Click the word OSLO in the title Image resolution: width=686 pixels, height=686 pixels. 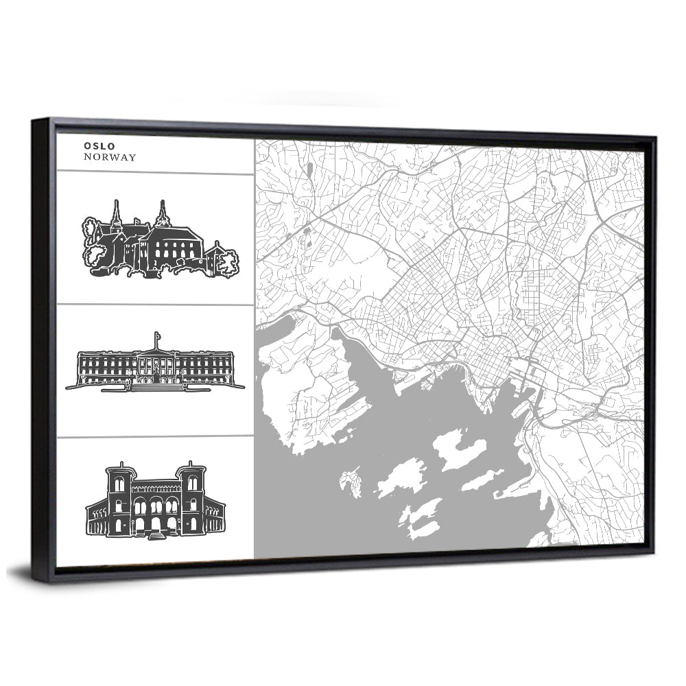(99, 145)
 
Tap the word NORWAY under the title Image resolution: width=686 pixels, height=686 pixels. (110, 157)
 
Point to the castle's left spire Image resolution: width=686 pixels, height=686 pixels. (116, 214)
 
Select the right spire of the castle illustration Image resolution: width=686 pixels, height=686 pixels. (163, 214)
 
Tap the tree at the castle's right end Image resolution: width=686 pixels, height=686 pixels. (227, 261)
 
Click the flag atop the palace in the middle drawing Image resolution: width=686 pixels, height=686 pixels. (157, 336)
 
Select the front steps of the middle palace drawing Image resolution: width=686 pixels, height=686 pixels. (157, 386)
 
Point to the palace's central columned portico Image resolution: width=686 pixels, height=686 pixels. (157, 364)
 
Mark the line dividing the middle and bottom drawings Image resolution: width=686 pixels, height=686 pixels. (155, 436)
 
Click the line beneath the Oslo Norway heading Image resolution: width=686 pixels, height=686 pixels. (155, 173)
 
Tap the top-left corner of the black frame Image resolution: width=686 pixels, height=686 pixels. (34, 122)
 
